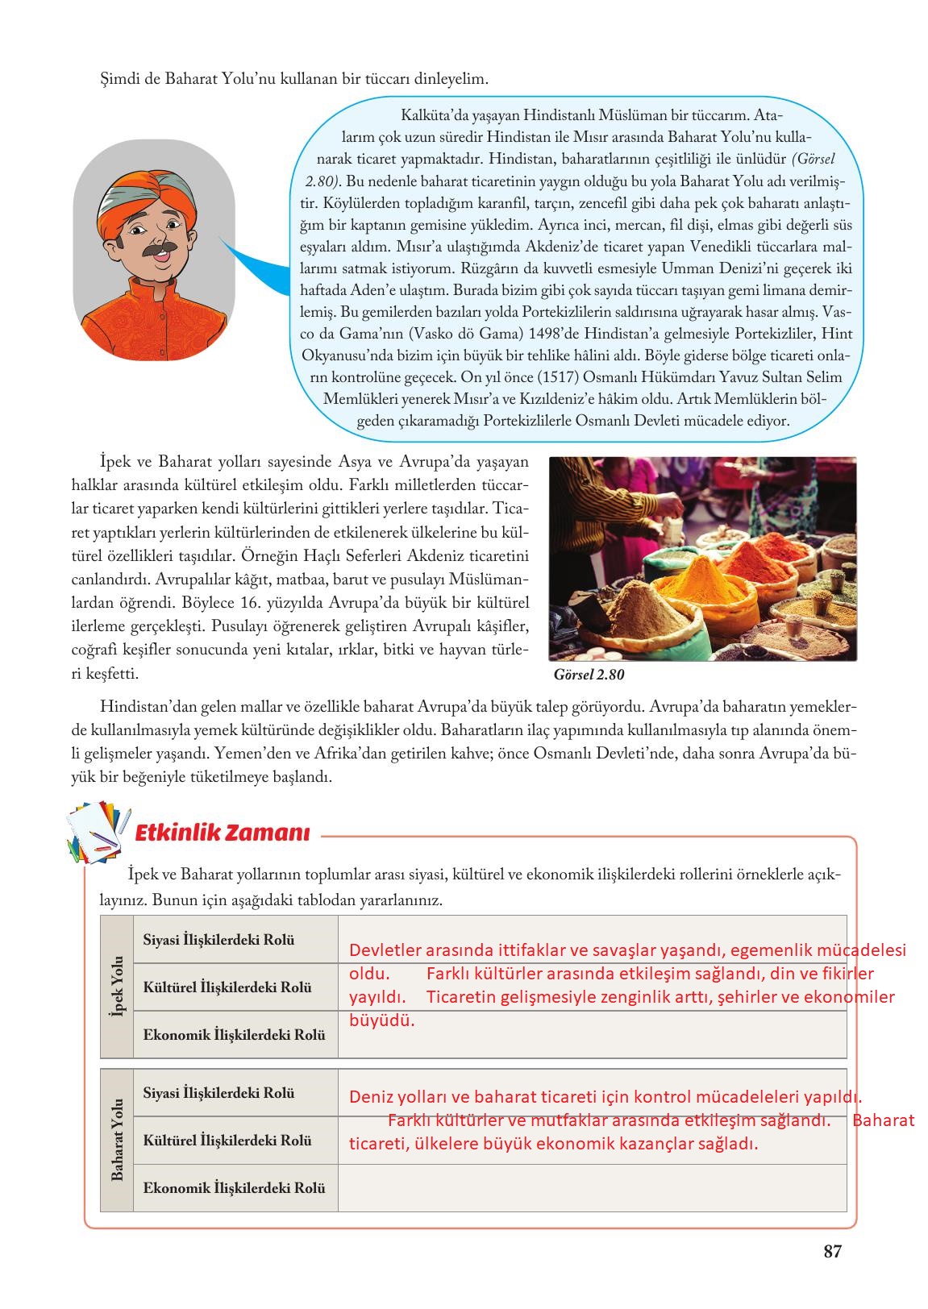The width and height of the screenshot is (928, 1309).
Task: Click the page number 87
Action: click(832, 1252)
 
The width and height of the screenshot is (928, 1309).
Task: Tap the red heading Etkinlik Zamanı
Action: click(222, 833)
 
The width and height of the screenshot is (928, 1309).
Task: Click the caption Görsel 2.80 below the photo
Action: click(589, 674)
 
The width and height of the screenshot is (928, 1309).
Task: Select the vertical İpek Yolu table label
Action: click(116, 987)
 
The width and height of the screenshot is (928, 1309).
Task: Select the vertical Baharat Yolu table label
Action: click(116, 1140)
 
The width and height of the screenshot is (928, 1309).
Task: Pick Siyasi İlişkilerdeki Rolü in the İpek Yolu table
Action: click(218, 940)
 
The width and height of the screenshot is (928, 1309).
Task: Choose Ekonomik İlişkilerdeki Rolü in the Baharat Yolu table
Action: click(234, 1187)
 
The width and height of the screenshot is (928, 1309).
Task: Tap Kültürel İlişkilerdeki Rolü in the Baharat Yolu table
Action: click(227, 1141)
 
